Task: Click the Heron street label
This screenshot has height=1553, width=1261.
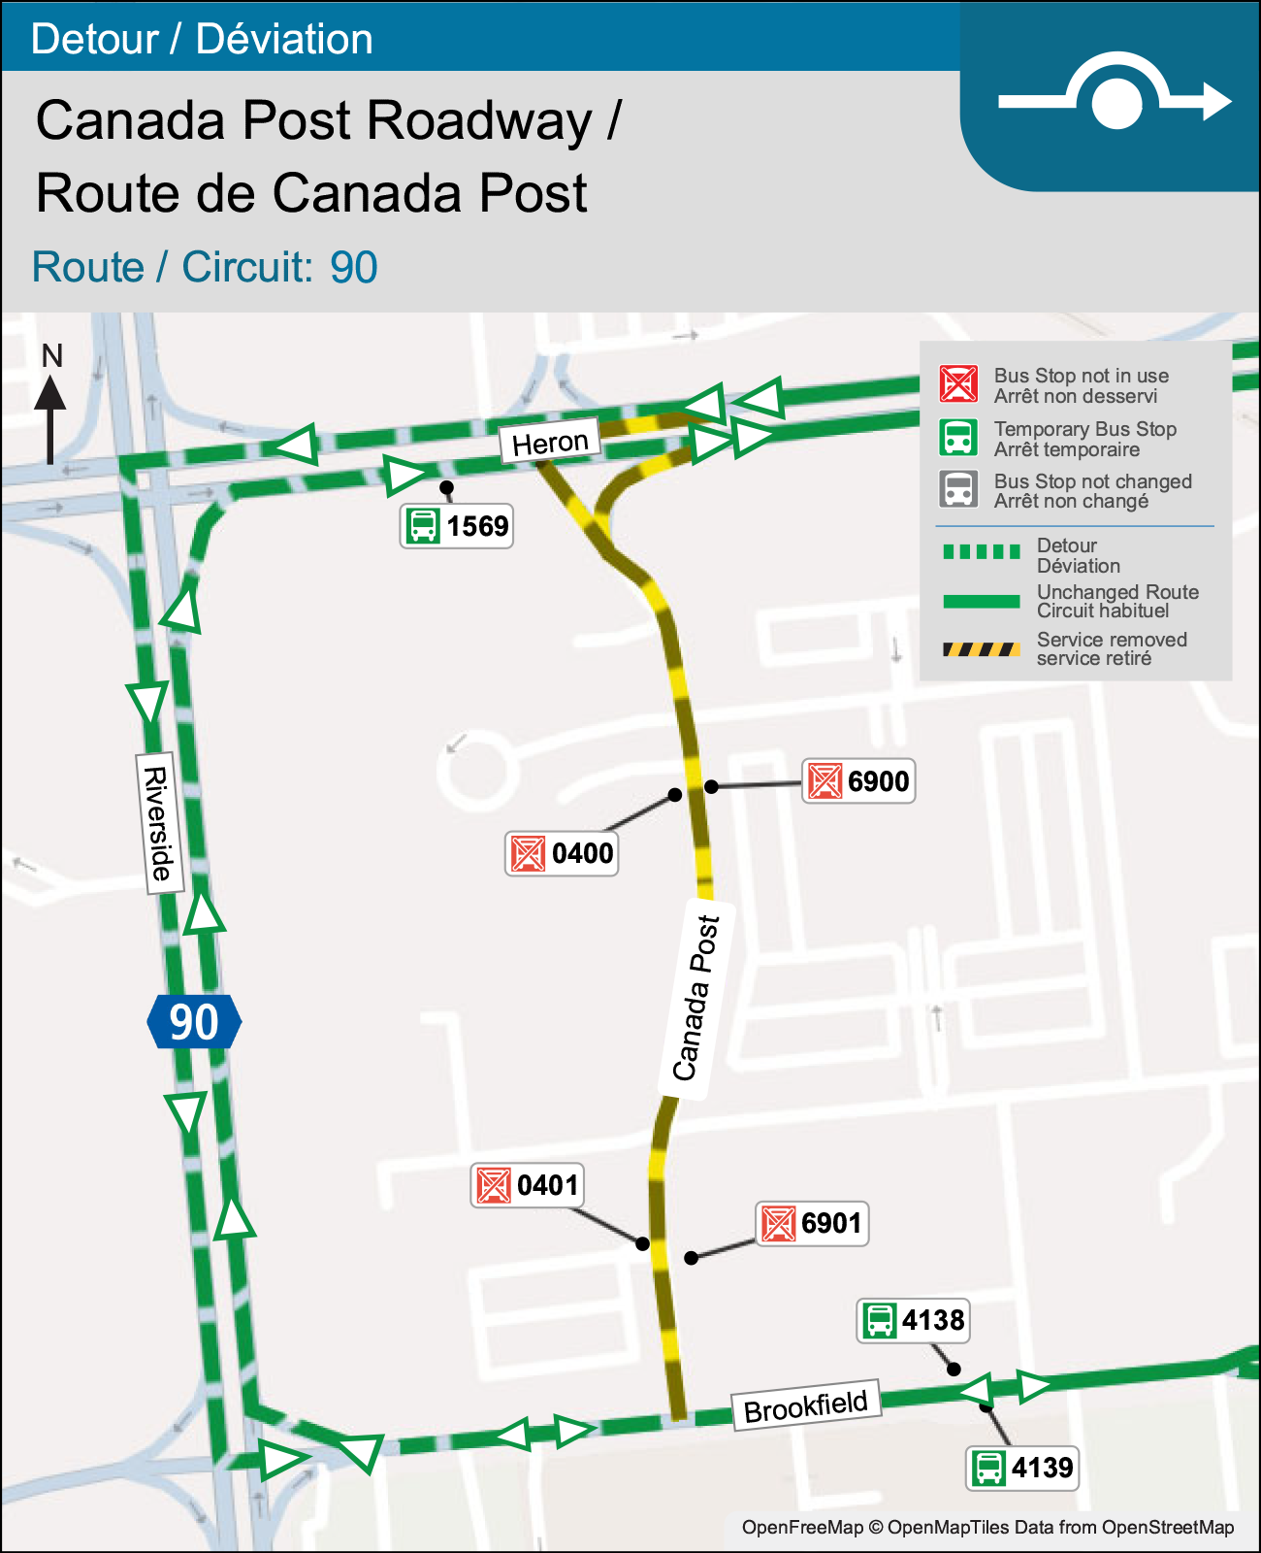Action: [x=550, y=443]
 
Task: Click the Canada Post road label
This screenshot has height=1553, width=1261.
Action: [x=697, y=999]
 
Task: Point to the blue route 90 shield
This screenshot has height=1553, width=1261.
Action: [x=194, y=1022]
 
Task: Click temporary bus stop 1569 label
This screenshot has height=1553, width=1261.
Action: [x=457, y=526]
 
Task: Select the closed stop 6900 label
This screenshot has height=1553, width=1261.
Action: [x=858, y=781]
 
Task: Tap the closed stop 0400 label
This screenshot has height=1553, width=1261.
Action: [x=562, y=854]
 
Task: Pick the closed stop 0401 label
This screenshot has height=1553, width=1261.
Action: [x=527, y=1185]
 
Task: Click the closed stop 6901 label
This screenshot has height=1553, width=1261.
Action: [x=812, y=1223]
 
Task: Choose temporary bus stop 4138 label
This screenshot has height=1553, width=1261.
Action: [x=913, y=1321]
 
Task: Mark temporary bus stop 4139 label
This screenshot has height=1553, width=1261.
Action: [x=1022, y=1468]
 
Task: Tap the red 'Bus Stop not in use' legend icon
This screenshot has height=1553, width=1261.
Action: [x=958, y=384]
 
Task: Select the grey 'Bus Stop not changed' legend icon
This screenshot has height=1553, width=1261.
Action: [x=958, y=489]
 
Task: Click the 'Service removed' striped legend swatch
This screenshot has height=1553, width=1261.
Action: [x=981, y=649]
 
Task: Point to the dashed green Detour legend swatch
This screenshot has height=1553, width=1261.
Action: [x=981, y=552]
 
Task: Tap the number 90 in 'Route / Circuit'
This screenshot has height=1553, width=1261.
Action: [x=353, y=268]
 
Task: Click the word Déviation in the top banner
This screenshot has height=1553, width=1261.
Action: [x=284, y=39]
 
